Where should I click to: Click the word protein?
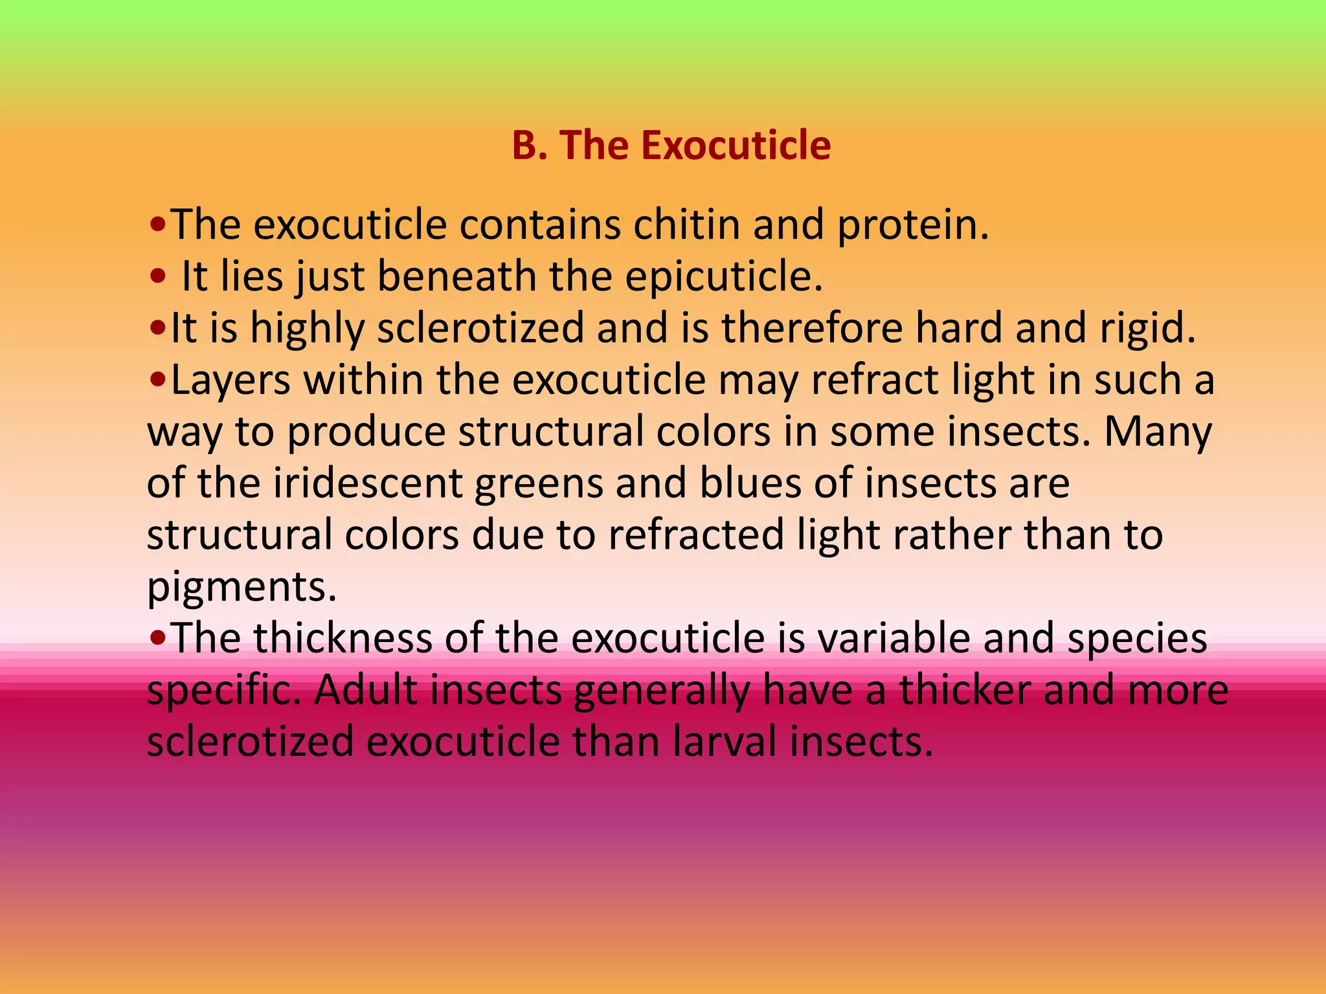tap(913, 226)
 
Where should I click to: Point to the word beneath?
tap(456, 276)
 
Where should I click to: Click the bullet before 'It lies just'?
tap(157, 278)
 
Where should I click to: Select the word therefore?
tap(812, 328)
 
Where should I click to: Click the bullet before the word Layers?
tap(157, 381)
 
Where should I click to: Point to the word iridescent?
tap(368, 483)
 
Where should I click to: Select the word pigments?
tap(242, 588)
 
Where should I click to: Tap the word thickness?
tap(342, 639)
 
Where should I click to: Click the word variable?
tap(893, 639)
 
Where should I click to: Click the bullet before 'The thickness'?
tap(157, 640)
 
